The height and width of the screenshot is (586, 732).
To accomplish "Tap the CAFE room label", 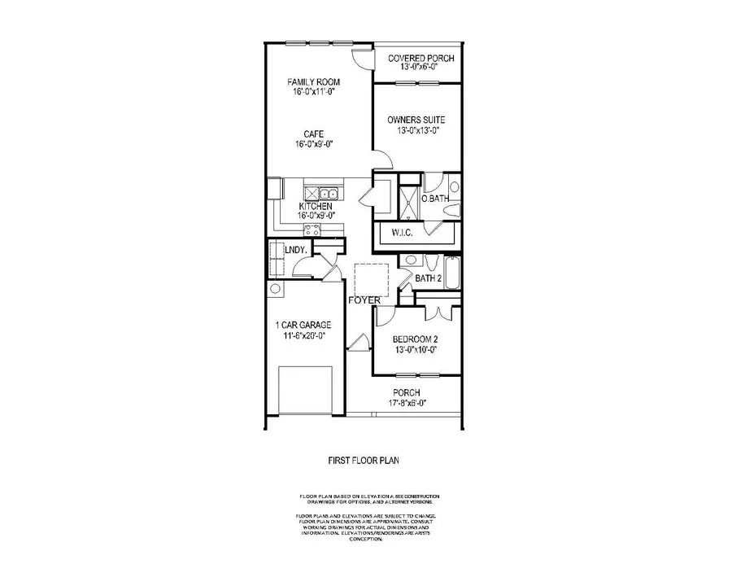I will (313, 133).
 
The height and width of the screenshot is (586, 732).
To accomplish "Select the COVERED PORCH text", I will (420, 59).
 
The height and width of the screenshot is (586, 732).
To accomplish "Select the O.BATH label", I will (434, 199).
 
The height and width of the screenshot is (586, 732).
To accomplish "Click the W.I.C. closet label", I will (403, 233).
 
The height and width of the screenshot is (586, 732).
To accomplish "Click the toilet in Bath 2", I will (412, 261).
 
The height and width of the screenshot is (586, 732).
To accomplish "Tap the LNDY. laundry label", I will (295, 251).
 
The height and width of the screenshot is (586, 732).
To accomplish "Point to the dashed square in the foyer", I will (372, 282).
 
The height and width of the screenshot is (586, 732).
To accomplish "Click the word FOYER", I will (364, 301).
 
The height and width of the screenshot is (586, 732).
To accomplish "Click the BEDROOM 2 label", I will (415, 339).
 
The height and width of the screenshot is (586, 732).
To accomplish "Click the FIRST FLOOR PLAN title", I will (363, 460).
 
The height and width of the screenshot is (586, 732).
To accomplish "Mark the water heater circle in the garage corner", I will (276, 289).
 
